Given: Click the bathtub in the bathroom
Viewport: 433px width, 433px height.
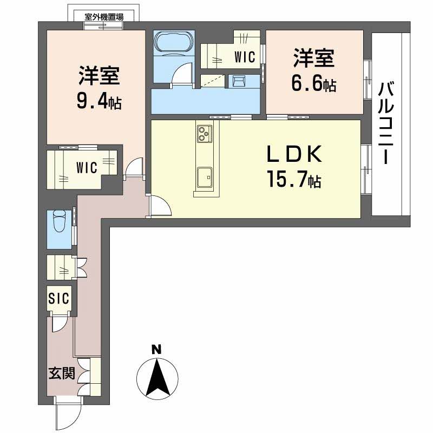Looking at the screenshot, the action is coord(174,42).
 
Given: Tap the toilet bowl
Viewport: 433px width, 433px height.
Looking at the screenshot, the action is coord(60,220).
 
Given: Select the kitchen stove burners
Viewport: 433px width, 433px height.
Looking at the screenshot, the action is coord(205,134).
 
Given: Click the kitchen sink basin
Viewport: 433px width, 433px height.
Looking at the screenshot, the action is coord(205,177).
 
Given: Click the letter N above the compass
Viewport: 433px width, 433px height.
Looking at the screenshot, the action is coord(157,349).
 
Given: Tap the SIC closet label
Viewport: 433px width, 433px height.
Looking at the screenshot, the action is coord(58,298).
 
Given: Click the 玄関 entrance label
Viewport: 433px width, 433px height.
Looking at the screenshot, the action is coord(62,373).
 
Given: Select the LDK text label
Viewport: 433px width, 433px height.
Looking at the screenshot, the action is coord(294,154).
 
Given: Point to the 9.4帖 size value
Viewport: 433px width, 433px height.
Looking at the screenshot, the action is coord(99,102).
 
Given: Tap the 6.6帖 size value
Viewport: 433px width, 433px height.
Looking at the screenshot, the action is coord(314,84).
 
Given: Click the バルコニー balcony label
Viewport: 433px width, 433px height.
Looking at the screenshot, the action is coord(385,123).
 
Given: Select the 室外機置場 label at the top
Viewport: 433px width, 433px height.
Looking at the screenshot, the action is coord(104,17).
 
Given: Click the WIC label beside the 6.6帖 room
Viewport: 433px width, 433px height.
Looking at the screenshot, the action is coord(245,57).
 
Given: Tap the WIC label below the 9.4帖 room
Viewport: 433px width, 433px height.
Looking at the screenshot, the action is coord(87,167).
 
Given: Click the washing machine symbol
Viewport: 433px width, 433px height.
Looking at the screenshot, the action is coord(239,81).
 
